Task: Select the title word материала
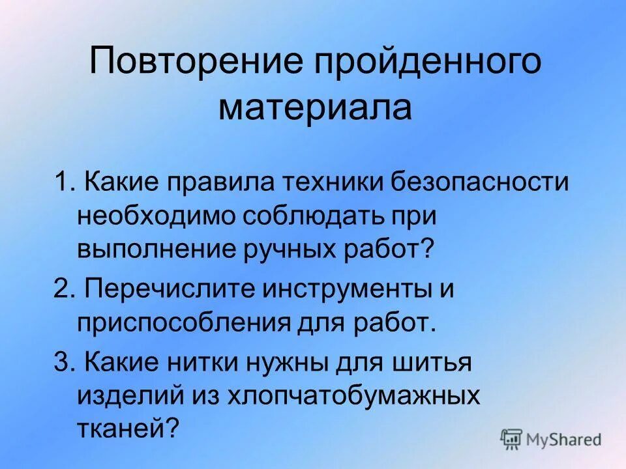[x=315, y=107]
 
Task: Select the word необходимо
[x=156, y=216]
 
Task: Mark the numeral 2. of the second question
[x=63, y=289]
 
